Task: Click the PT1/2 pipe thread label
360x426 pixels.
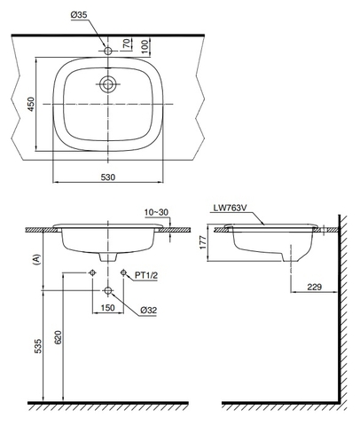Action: (146, 276)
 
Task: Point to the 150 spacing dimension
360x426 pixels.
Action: (107, 308)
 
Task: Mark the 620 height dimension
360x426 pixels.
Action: (59, 338)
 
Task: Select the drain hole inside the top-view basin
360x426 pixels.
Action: (107, 85)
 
